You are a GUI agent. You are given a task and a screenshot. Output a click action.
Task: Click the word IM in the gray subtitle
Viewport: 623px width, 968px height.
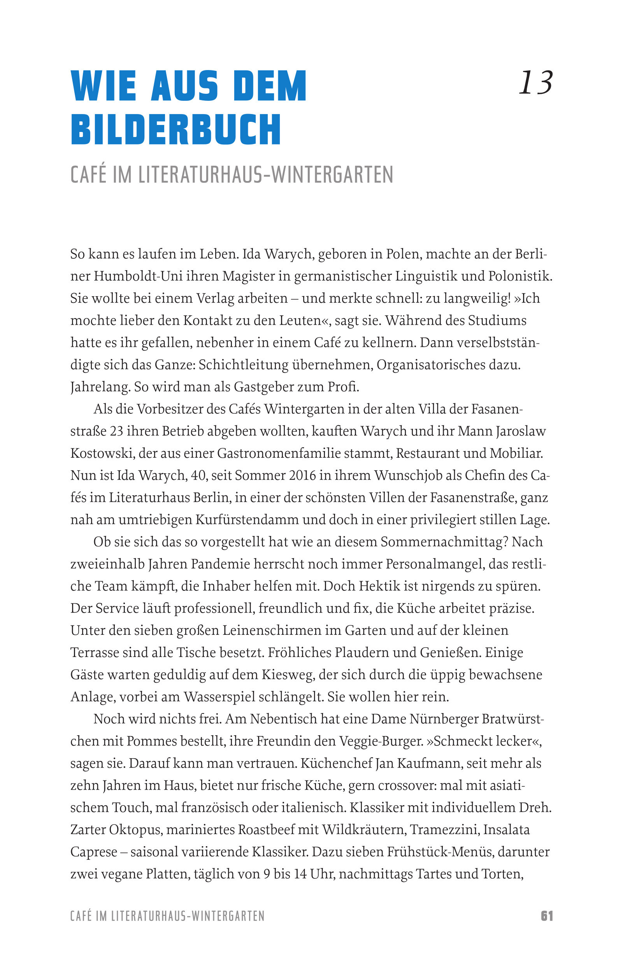click(x=122, y=175)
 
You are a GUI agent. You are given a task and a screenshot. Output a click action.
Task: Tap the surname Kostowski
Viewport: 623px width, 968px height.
click(x=101, y=453)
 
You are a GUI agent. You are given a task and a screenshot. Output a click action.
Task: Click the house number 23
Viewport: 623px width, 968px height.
click(x=116, y=432)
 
